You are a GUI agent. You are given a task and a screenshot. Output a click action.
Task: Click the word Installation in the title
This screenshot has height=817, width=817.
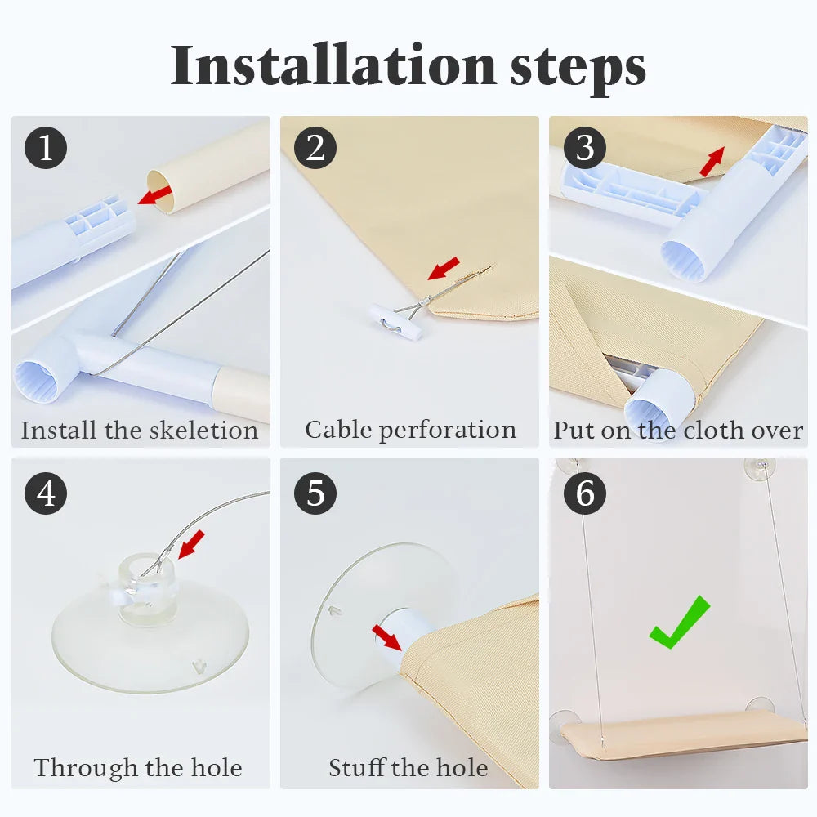[x=333, y=65]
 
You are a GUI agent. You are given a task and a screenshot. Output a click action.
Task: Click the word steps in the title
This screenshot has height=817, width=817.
[x=578, y=69]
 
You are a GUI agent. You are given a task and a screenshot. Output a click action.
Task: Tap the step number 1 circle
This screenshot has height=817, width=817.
[x=46, y=147]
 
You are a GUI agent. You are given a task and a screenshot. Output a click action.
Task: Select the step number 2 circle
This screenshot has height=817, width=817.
[x=315, y=147]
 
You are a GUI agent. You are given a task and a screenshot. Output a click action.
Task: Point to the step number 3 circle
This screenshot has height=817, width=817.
[x=585, y=147]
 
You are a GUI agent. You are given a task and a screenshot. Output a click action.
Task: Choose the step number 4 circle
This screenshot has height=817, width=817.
[x=46, y=493]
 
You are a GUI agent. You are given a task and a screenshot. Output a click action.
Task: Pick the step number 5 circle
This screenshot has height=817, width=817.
[x=315, y=493]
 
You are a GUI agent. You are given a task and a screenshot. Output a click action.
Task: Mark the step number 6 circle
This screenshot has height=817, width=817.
[x=585, y=493]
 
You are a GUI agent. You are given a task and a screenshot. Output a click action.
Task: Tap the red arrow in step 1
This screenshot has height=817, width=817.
[x=154, y=195]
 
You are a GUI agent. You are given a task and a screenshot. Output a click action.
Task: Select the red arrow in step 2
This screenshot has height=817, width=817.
[x=444, y=268]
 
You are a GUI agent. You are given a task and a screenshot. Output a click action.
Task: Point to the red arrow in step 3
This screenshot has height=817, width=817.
[x=712, y=162]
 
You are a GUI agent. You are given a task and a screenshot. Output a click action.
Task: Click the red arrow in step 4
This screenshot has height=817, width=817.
[x=191, y=544]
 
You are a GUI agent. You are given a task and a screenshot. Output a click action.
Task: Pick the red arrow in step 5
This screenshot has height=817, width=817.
[x=387, y=638]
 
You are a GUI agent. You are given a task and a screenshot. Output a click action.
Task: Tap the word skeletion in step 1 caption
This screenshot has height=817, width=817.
[x=203, y=431]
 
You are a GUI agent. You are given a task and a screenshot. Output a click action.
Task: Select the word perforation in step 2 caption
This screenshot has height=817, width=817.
[x=448, y=431]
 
